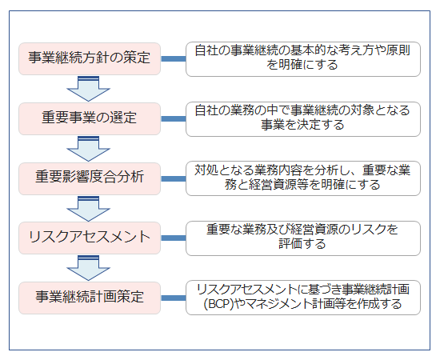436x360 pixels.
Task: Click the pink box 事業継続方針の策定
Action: pyautogui.click(x=90, y=58)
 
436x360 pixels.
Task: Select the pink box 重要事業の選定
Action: pyautogui.click(x=90, y=118)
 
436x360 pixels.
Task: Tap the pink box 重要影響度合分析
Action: pyautogui.click(x=90, y=178)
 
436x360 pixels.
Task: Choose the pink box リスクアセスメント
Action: pyautogui.click(x=90, y=238)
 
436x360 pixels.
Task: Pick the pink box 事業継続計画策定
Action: pyautogui.click(x=90, y=298)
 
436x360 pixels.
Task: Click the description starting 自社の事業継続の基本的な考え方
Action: pyautogui.click(x=303, y=59)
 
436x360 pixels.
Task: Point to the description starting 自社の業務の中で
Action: pyautogui.click(x=303, y=119)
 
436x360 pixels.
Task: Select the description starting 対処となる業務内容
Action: pyautogui.click(x=303, y=178)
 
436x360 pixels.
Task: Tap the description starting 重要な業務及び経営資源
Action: pyautogui.click(x=303, y=238)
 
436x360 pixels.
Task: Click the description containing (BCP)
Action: pyautogui.click(x=303, y=298)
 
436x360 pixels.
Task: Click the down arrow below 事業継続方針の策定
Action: pyautogui.click(x=89, y=90)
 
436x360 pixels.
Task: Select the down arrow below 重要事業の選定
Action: pyautogui.click(x=89, y=150)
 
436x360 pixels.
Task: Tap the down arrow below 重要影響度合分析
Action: pyautogui.click(x=89, y=210)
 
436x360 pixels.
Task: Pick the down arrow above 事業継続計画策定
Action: pyautogui.click(x=89, y=269)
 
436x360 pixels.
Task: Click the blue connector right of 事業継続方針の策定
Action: pyautogui.click(x=174, y=58)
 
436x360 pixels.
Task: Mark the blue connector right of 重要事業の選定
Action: pyautogui.click(x=174, y=118)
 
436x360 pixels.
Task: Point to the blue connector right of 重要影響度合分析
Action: pyautogui.click(x=174, y=178)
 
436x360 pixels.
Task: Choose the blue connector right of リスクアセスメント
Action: pyautogui.click(x=174, y=238)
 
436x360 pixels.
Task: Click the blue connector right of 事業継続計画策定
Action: pyautogui.click(x=174, y=298)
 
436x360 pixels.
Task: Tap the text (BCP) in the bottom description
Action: pyautogui.click(x=218, y=304)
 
